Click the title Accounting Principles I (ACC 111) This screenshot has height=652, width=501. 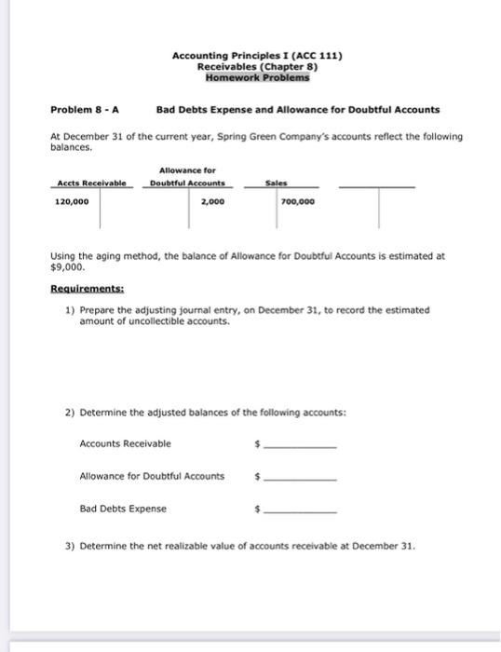pyautogui.click(x=256, y=56)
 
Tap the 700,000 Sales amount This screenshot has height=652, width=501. pyautogui.click(x=297, y=199)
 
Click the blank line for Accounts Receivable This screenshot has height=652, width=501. pyautogui.click(x=300, y=447)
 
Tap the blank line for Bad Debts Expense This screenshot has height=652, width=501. pyautogui.click(x=300, y=512)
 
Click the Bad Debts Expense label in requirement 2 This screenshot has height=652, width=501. pyautogui.click(x=123, y=509)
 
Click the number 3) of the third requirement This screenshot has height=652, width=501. pyautogui.click(x=70, y=545)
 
